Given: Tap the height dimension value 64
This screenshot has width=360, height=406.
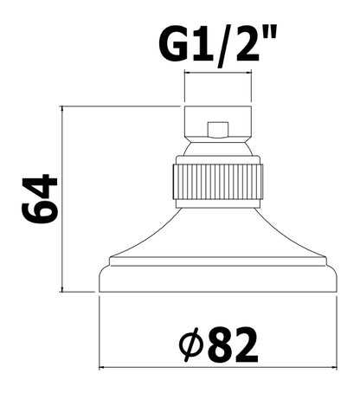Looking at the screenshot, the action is pos(40,198).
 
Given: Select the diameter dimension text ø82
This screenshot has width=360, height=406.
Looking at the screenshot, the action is pos(218,345).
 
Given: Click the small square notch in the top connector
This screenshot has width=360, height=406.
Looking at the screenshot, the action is pos(218,129).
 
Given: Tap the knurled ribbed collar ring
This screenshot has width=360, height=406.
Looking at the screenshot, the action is pos(218,182).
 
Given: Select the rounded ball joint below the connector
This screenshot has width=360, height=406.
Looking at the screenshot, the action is pos(218,149).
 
